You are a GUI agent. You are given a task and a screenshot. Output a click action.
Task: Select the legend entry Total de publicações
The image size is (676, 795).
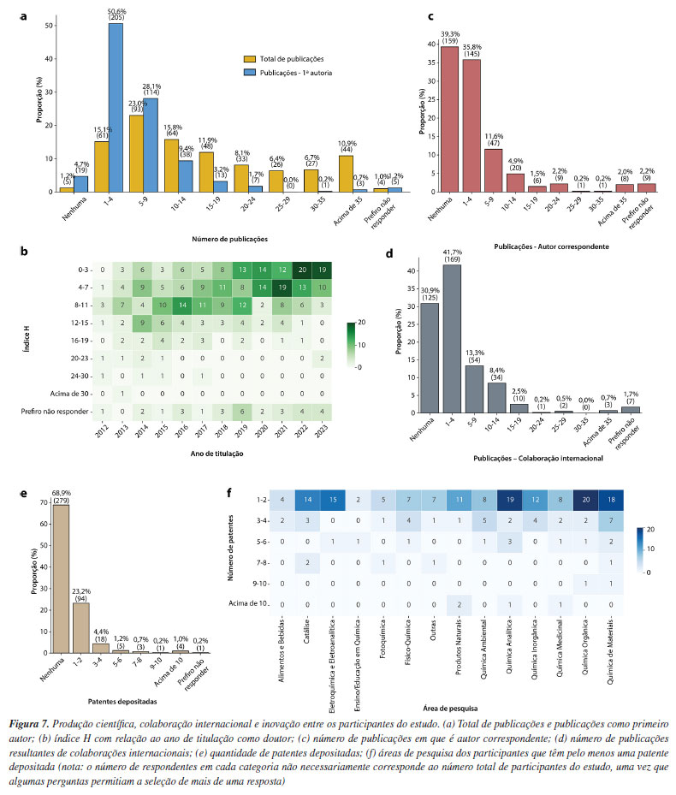(286, 59)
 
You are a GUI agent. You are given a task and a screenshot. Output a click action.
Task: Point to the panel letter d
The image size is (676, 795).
(389, 254)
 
